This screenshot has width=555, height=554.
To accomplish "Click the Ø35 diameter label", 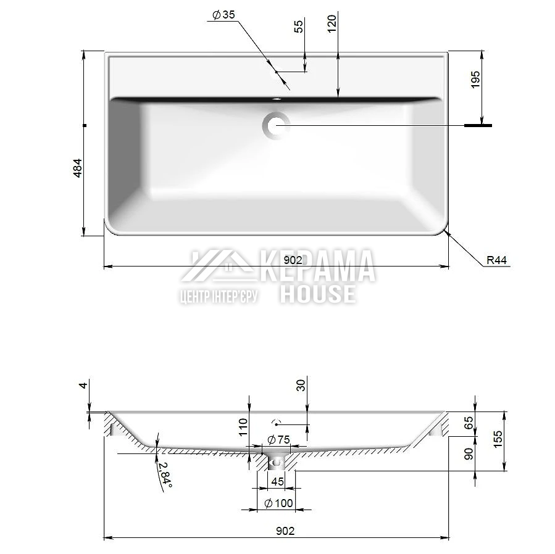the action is click(223, 15).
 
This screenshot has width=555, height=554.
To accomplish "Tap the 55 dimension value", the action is click(299, 26).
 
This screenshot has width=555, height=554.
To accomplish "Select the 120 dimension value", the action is click(332, 23).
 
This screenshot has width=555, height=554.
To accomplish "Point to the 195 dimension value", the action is click(475, 80).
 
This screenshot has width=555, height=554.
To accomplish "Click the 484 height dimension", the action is click(78, 168).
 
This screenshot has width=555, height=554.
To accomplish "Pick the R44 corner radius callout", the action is click(496, 260).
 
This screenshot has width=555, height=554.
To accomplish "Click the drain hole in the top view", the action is click(276, 126).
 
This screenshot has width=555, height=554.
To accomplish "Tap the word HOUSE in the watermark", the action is click(318, 294).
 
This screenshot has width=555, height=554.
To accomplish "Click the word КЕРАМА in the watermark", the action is click(318, 266).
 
